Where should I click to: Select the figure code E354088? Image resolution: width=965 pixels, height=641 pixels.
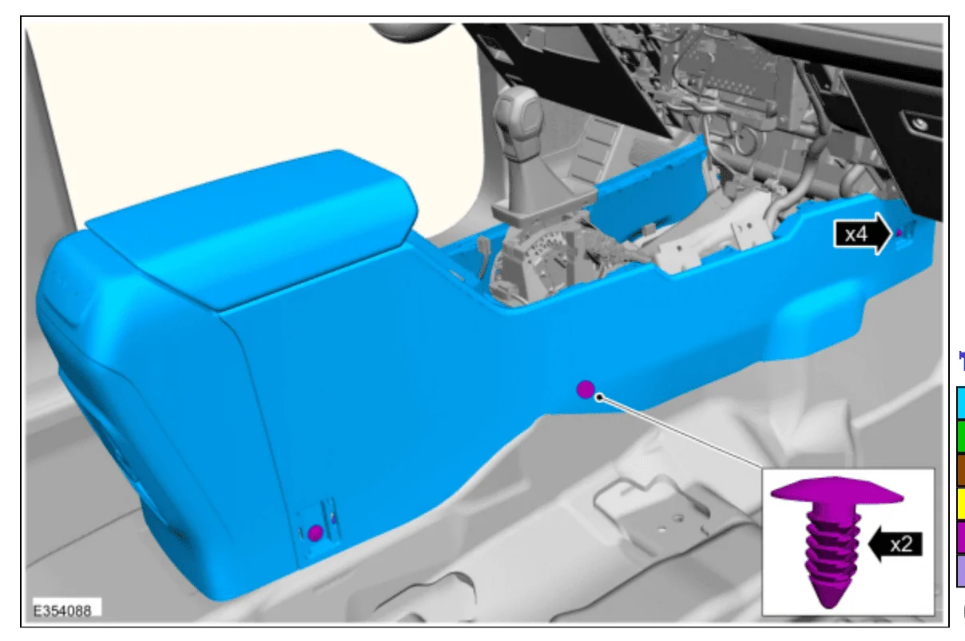pyautogui.click(x=62, y=611)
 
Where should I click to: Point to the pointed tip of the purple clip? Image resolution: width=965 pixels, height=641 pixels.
pyautogui.click(x=828, y=607)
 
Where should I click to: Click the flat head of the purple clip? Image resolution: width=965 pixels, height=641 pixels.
pyautogui.click(x=836, y=490)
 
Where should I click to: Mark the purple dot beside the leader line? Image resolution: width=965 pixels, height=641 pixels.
pyautogui.click(x=586, y=389)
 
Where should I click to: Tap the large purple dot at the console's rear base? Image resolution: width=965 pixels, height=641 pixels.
pyautogui.click(x=316, y=533)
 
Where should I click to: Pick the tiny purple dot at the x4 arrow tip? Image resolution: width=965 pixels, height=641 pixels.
pyautogui.click(x=899, y=233)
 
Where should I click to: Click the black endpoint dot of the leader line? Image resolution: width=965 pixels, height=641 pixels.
pyautogui.click(x=599, y=397)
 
